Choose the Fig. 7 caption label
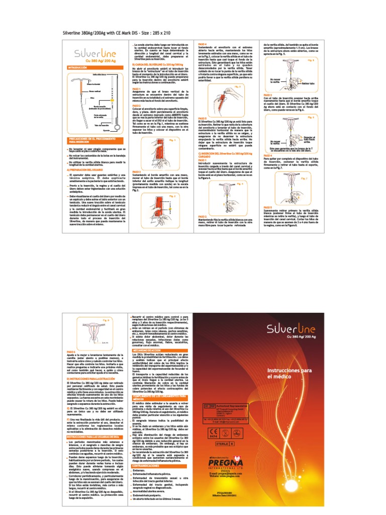(x=304, y=179)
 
